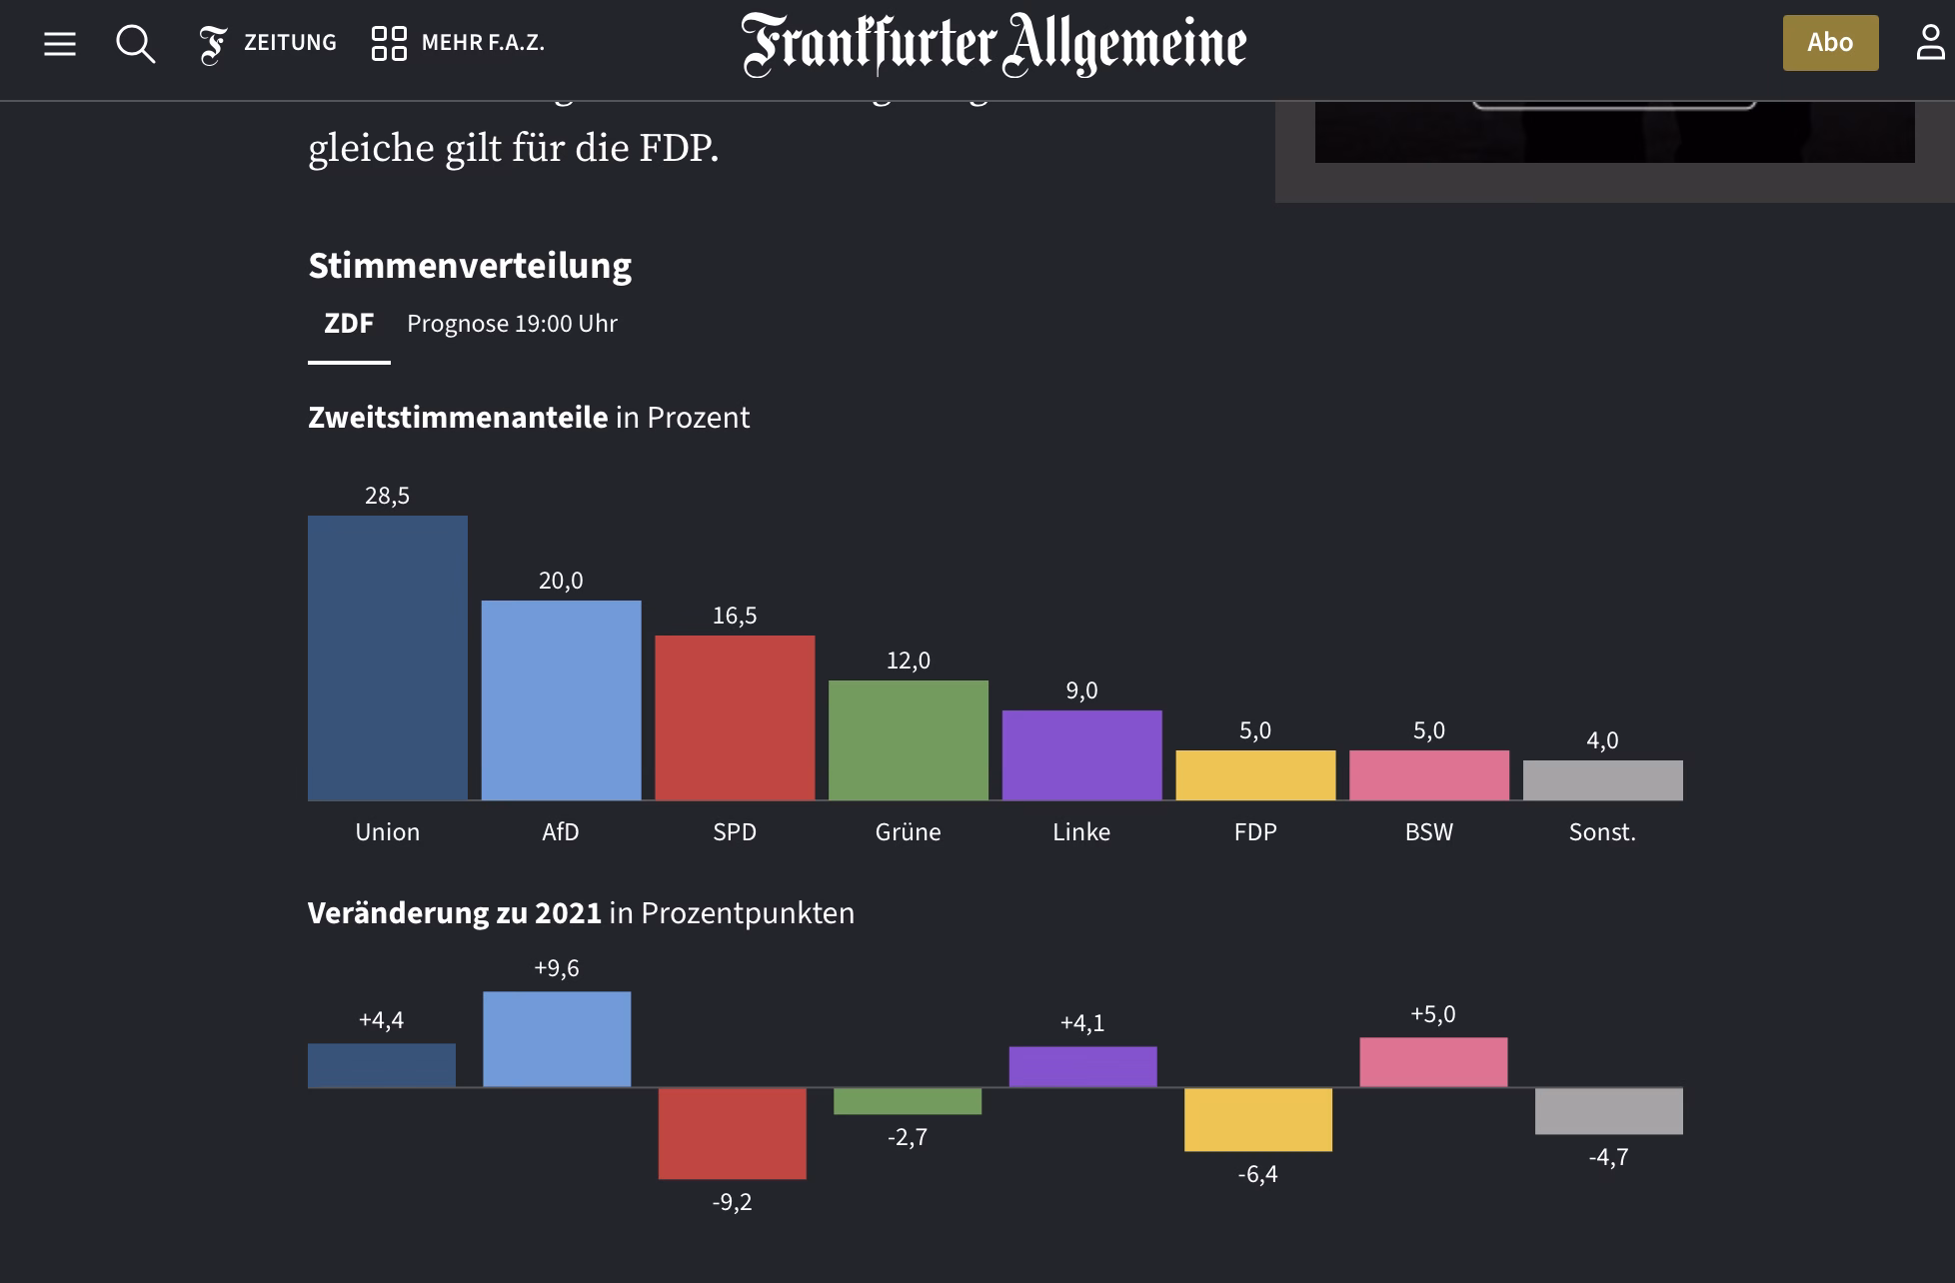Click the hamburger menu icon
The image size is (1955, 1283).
point(60,43)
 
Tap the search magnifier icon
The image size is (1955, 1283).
point(135,44)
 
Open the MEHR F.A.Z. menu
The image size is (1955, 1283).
point(459,43)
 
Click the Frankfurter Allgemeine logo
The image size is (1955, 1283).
point(993,44)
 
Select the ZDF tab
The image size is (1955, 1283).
point(349,324)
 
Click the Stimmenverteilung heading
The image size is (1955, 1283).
point(470,266)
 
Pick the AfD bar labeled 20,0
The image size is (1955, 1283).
point(561,699)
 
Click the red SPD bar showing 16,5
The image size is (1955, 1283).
point(735,717)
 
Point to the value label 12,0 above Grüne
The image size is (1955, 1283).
point(908,660)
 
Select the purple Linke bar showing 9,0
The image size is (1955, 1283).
point(1081,754)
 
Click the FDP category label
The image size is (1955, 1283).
point(1255,832)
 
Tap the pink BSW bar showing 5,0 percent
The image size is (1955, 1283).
point(1429,774)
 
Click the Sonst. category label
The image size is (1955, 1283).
point(1602,832)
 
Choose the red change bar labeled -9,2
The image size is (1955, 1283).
point(732,1133)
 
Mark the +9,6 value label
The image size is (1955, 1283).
point(557,968)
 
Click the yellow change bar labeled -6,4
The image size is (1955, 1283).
point(1257,1119)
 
